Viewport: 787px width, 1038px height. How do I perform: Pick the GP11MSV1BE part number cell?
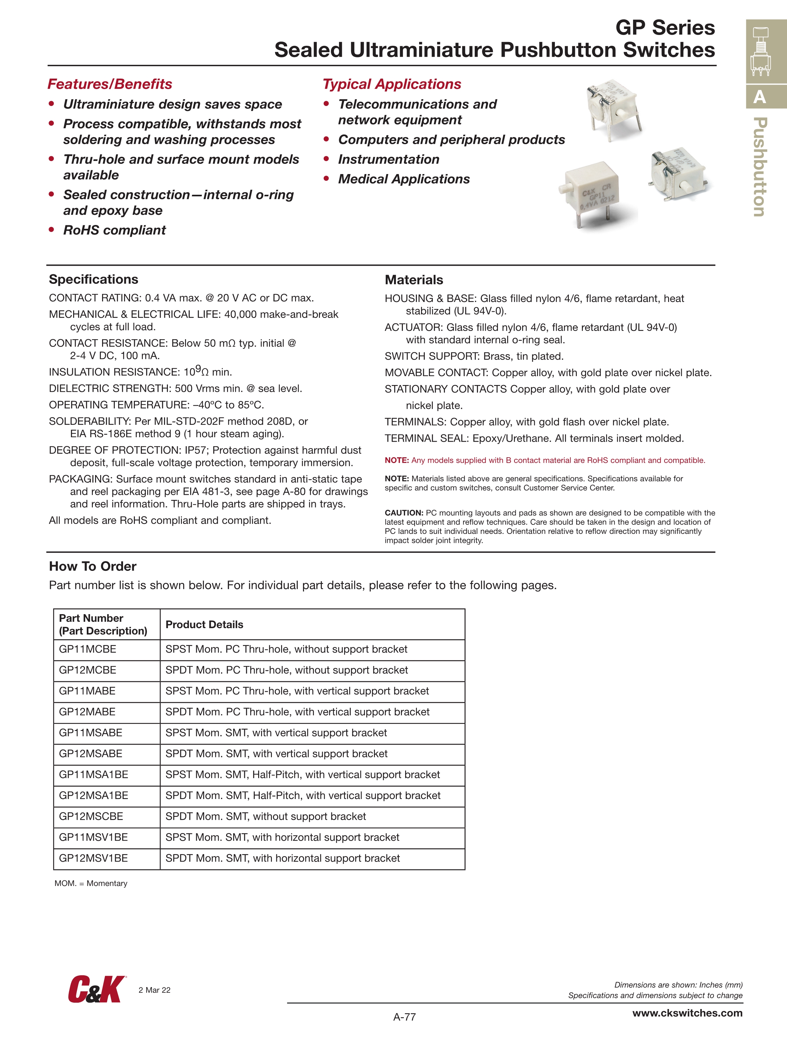click(x=93, y=837)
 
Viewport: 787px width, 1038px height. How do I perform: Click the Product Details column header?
click(x=204, y=625)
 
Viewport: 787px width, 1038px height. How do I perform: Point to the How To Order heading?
click(x=93, y=566)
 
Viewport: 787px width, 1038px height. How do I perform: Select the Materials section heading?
click(x=414, y=280)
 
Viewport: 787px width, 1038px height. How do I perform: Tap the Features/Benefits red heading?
click(x=110, y=84)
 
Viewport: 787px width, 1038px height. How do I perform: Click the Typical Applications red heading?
click(x=392, y=84)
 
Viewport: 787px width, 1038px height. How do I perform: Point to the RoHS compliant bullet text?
click(x=114, y=230)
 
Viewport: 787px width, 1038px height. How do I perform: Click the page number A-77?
click(x=404, y=1017)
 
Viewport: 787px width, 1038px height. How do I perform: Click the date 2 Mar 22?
click(x=154, y=990)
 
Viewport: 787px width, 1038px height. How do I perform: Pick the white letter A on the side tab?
click(x=759, y=97)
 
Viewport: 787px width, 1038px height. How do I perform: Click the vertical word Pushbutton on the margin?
click(x=760, y=167)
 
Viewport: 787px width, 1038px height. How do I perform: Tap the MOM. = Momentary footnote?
click(x=91, y=883)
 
